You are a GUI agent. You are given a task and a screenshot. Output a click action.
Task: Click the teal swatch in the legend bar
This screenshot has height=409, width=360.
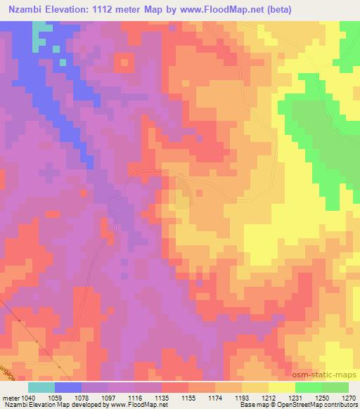coord(41,387)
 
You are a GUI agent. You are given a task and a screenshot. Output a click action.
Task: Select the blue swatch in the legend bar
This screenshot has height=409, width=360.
coord(68,387)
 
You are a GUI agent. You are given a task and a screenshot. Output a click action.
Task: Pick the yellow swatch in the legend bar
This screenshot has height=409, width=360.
coord(282,387)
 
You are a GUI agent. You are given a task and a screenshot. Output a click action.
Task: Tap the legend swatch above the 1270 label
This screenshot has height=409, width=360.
coord(335,387)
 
